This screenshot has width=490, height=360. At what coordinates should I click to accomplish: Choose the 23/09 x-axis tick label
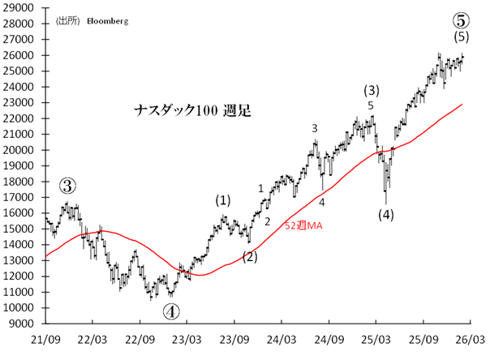(234, 336)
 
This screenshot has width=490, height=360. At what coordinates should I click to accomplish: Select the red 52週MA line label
(303, 225)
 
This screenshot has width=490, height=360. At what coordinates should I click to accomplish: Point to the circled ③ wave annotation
(68, 186)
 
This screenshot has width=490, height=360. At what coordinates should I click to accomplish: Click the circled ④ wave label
(171, 310)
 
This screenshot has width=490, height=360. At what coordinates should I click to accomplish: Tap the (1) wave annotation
(222, 199)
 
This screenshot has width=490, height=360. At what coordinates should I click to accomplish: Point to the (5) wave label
(461, 36)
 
